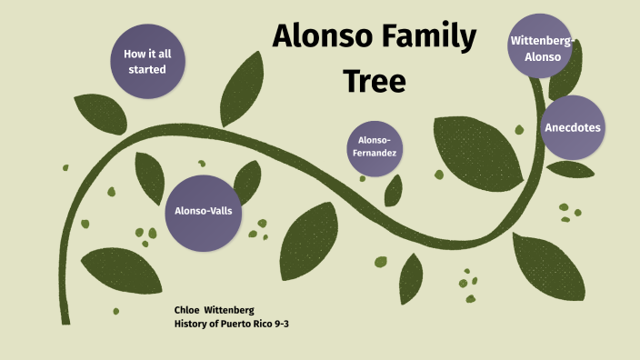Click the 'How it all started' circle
coord(147,61)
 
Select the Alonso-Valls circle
coord(204,211)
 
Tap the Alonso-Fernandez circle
coord(375,146)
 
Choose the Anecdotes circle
coord(573,127)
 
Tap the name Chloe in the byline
coord(187,310)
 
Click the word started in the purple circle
coord(147,69)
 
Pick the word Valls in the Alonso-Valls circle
coord(221,211)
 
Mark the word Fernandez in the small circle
coord(375,153)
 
